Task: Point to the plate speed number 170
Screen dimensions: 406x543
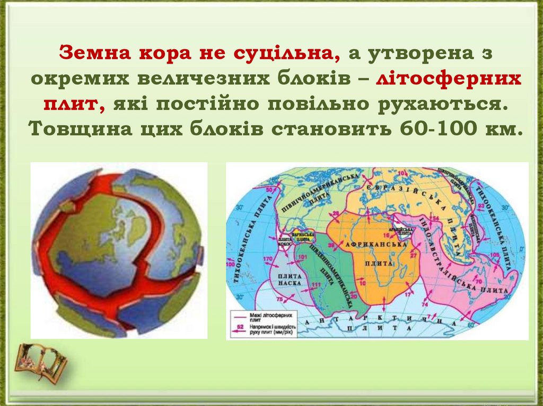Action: point(268,259)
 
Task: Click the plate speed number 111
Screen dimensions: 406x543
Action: point(317,285)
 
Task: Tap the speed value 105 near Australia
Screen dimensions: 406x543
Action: point(495,255)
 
